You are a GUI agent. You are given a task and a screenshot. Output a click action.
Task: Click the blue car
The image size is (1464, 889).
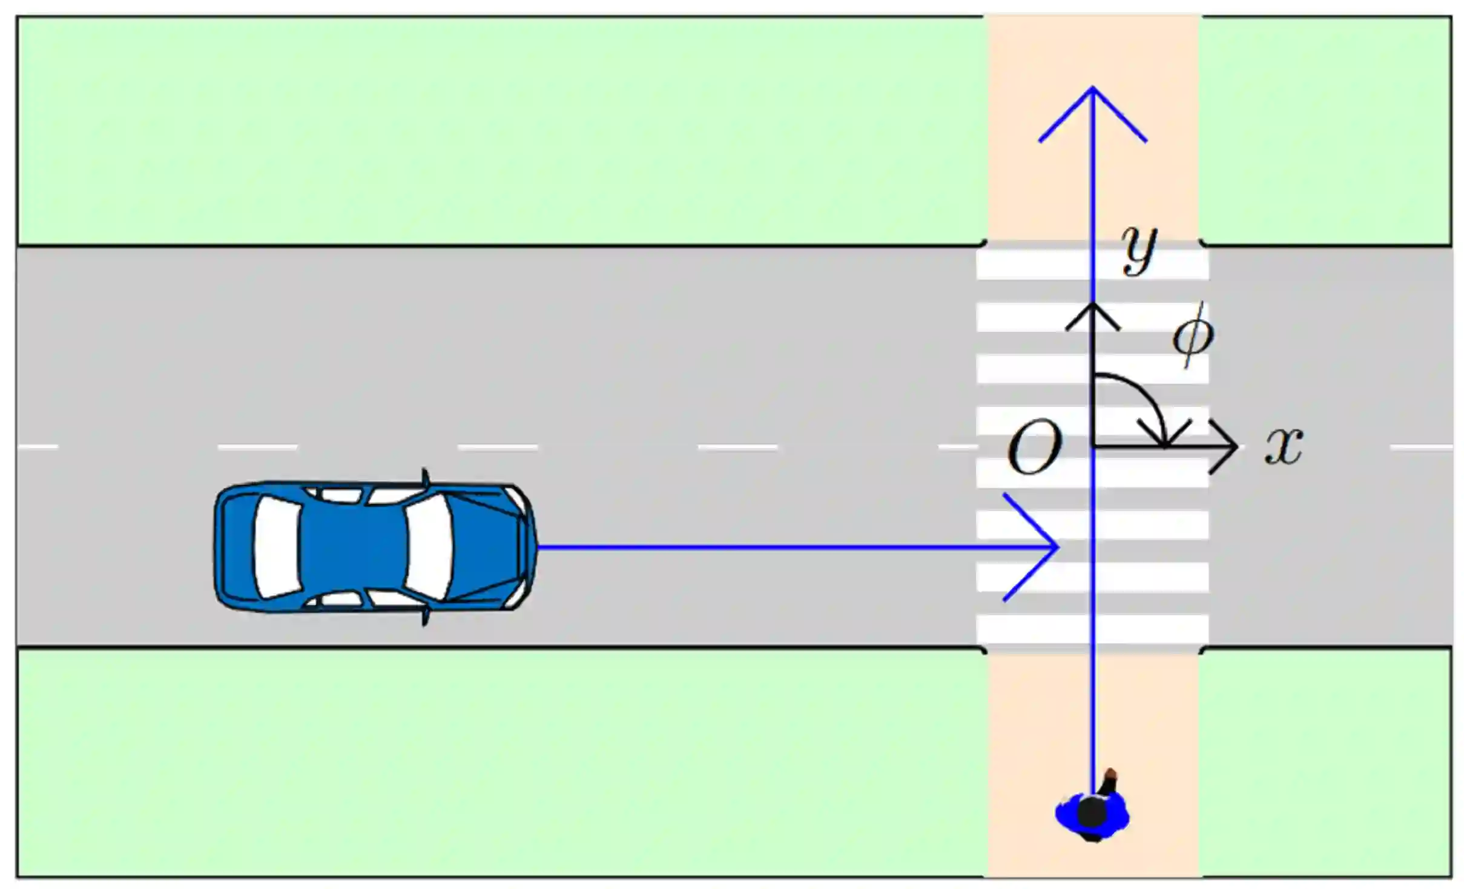coord(375,547)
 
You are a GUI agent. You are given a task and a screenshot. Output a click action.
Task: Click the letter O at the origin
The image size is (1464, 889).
coord(1034,448)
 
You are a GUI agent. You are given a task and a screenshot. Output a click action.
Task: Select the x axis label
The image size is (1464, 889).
coord(1284,446)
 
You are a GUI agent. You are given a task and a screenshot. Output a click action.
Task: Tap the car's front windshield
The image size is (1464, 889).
coord(429,547)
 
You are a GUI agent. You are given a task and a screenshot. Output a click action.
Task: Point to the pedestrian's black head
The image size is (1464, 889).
coord(1091,811)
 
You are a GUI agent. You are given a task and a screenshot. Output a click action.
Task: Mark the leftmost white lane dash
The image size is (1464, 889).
coord(38,448)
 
